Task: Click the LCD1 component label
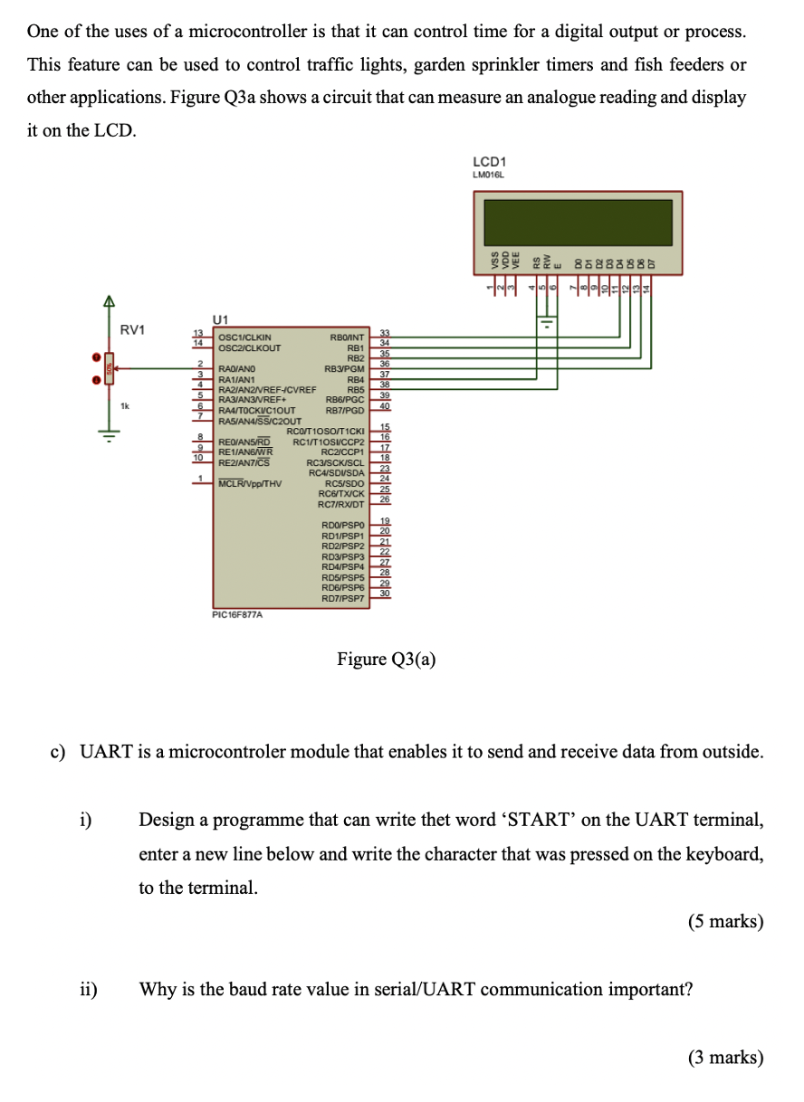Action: click(490, 164)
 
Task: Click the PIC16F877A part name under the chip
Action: click(237, 614)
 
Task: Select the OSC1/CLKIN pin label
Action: click(245, 337)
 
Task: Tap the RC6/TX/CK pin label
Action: click(341, 494)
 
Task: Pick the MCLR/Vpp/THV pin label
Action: click(250, 483)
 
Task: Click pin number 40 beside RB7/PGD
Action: click(383, 408)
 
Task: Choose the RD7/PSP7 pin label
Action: click(342, 599)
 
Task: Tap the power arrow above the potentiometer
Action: click(109, 303)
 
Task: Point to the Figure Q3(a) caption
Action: click(387, 659)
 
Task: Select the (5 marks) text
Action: click(725, 921)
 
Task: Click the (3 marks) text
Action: click(725, 1057)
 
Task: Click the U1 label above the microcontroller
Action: click(221, 318)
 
